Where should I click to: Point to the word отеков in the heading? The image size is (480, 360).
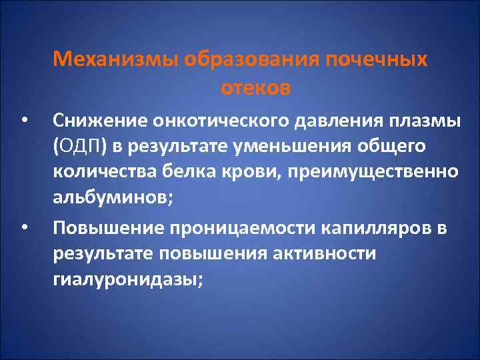point(254,87)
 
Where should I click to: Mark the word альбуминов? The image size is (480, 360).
point(109,197)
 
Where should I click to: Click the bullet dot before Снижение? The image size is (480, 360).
point(24,122)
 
